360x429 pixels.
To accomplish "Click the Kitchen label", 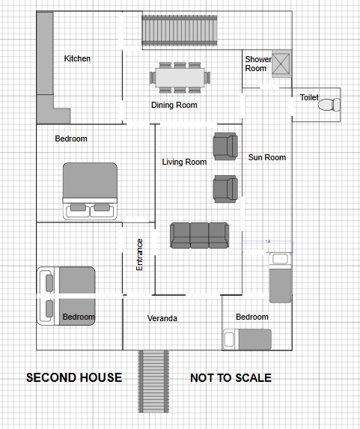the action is [77, 58].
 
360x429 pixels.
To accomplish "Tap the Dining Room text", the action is [174, 105].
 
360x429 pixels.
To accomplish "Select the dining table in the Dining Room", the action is [180, 78].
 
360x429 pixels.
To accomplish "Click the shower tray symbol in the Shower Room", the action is [281, 64].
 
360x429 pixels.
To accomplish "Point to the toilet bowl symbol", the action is [329, 105].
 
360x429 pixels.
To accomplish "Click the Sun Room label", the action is [267, 157].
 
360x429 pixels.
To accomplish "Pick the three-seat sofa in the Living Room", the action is [199, 235].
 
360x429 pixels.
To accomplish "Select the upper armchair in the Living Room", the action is [225, 147].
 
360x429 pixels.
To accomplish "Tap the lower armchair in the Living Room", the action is [225, 189].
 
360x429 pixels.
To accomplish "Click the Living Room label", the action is [184, 162].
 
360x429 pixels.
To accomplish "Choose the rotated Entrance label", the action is [139, 255].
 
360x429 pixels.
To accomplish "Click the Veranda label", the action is [162, 318].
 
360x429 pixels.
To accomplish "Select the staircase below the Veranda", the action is [153, 381].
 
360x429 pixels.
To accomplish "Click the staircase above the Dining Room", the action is [180, 31].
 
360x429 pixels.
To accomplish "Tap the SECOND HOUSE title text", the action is [74, 377].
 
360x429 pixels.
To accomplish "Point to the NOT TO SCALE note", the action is [231, 378].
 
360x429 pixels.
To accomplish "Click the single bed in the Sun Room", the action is [281, 278].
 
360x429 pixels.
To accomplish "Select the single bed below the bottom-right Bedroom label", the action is [247, 340].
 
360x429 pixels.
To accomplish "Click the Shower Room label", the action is [258, 64].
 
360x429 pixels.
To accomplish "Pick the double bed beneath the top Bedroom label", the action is [90, 191].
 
